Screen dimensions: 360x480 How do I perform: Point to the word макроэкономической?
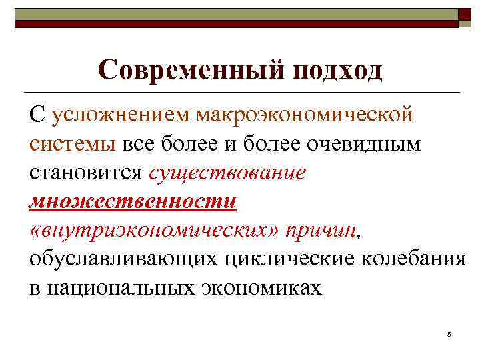coord(304,115)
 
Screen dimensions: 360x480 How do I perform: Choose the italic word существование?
coord(227,173)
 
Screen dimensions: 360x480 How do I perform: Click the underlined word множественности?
coord(133,201)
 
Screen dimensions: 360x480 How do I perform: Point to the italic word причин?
coord(321,230)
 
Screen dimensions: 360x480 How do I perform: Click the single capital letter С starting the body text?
coord(37,115)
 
